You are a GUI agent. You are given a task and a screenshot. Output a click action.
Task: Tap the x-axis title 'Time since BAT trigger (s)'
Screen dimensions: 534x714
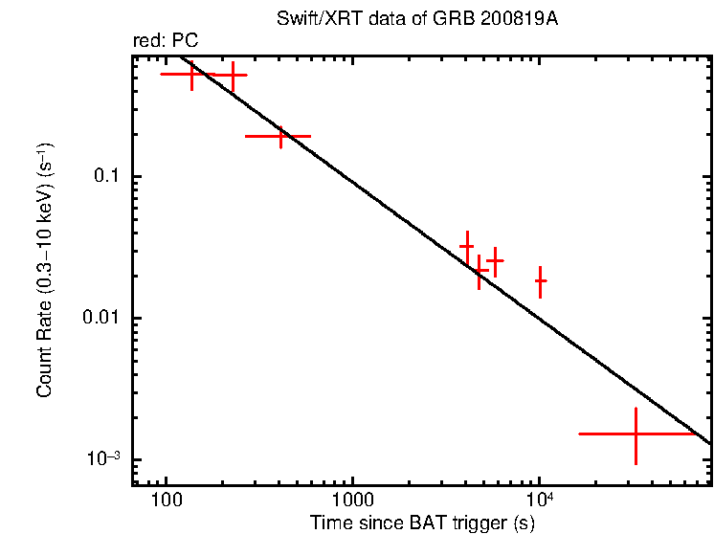pos(422,523)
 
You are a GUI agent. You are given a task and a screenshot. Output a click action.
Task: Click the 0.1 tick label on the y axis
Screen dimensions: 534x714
pos(113,177)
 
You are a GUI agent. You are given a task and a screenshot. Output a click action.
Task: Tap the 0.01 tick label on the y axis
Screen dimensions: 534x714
pos(106,318)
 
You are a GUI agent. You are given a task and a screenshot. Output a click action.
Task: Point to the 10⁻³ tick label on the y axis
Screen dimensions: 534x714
pos(111,457)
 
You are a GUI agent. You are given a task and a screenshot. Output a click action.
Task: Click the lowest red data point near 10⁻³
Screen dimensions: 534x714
pos(636,434)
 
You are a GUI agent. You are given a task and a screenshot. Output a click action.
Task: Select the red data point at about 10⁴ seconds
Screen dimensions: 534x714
pos(541,281)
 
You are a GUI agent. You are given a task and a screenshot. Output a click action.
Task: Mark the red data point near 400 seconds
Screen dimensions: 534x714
pos(280,136)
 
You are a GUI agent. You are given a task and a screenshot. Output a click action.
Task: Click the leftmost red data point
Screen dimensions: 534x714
pos(192,74)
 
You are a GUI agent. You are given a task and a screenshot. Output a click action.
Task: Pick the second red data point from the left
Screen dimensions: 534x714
pos(232,75)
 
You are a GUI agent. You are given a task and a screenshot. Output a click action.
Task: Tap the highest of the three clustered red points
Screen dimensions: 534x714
pos(467,246)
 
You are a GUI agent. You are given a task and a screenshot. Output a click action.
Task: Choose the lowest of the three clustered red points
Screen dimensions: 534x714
pos(479,271)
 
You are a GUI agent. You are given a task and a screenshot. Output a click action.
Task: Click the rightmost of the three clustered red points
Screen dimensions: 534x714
pos(495,260)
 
